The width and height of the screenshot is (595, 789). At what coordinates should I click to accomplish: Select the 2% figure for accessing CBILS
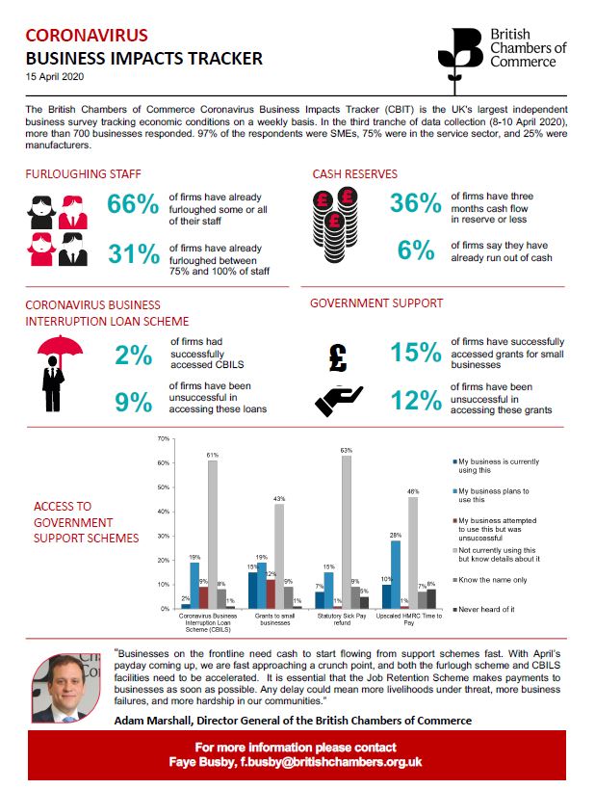(134, 355)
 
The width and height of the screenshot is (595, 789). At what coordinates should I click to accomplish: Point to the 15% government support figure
(417, 354)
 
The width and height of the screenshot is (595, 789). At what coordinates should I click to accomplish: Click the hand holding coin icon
(340, 400)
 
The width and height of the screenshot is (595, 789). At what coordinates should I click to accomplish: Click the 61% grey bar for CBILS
(211, 534)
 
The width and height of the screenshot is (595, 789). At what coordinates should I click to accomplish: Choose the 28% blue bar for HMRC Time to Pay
(396, 574)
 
